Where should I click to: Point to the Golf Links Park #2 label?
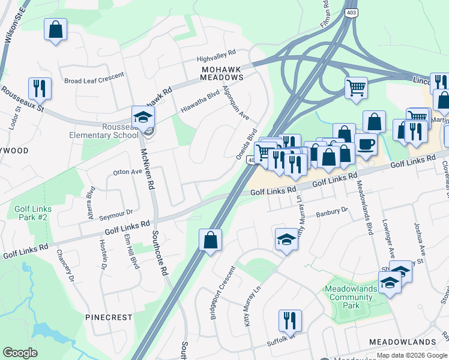click(x=34, y=212)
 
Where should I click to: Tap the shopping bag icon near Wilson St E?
click(x=55, y=29)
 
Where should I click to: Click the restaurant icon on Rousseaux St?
click(x=40, y=89)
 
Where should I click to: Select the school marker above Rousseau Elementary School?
click(x=143, y=117)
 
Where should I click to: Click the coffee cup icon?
click(x=366, y=144)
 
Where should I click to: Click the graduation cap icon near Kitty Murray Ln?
click(x=286, y=239)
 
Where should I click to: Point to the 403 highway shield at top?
click(x=351, y=12)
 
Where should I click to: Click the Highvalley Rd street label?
click(x=217, y=57)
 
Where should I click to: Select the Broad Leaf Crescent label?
click(x=94, y=78)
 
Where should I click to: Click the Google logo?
click(x=20, y=352)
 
